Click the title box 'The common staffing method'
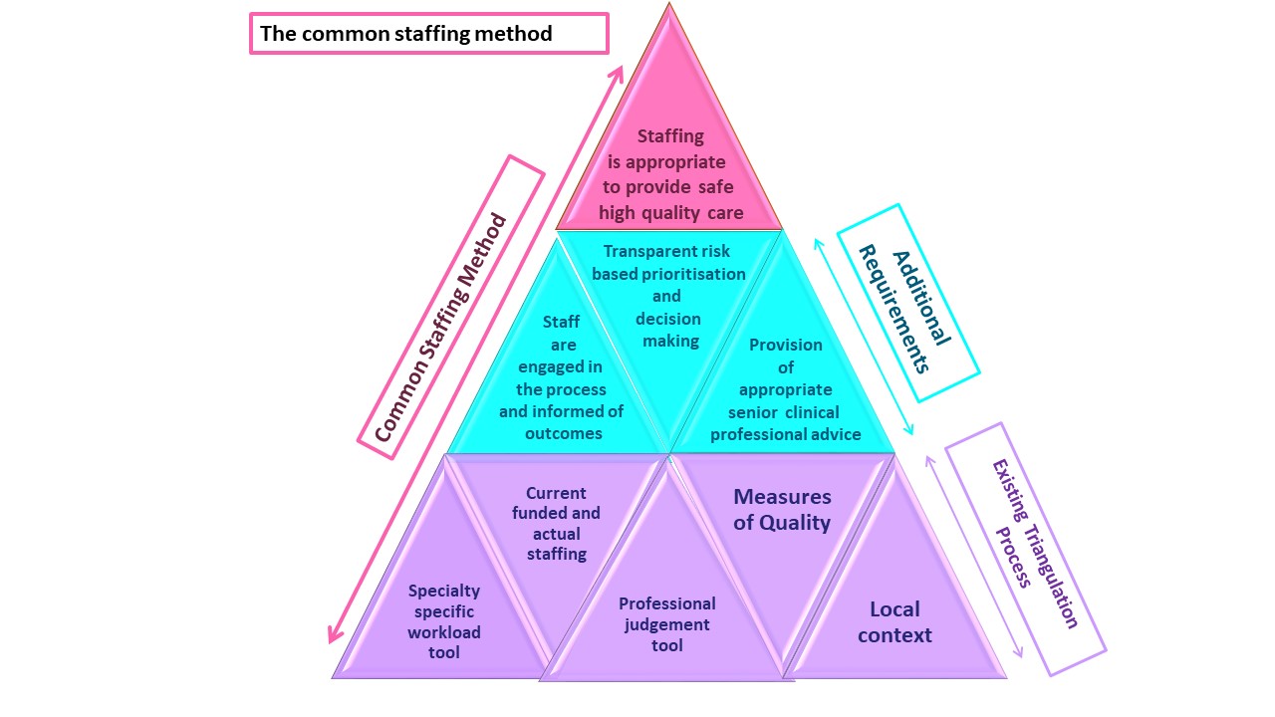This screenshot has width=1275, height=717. [x=428, y=33]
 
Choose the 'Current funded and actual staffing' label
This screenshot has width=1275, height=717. [x=556, y=523]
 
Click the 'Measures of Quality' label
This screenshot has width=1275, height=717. [x=782, y=509]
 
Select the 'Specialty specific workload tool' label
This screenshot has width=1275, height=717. [x=444, y=621]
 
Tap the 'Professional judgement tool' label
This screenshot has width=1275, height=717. [x=666, y=624]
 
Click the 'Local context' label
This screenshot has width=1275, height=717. [x=894, y=621]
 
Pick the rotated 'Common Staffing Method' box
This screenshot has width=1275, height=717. [x=450, y=307]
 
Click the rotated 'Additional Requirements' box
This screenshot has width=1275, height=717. [x=907, y=303]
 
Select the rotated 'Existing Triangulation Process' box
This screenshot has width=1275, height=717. [x=1025, y=549]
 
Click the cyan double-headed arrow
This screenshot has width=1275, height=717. [x=864, y=337]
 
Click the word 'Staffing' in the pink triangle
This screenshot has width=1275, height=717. [x=670, y=136]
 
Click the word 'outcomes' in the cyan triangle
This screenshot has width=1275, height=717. [x=563, y=433]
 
